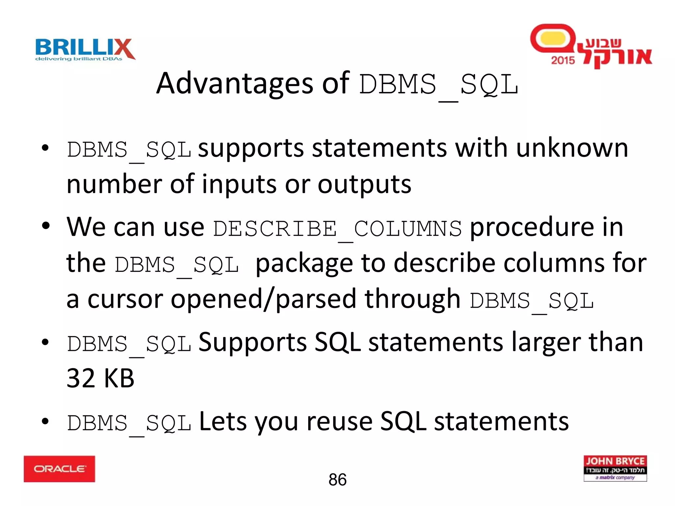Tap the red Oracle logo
(x=59, y=469)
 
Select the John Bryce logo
(x=615, y=468)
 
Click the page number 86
(x=337, y=480)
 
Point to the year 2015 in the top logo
(x=563, y=60)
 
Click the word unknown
(x=572, y=148)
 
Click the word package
(x=304, y=264)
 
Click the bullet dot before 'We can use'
(x=45, y=226)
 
